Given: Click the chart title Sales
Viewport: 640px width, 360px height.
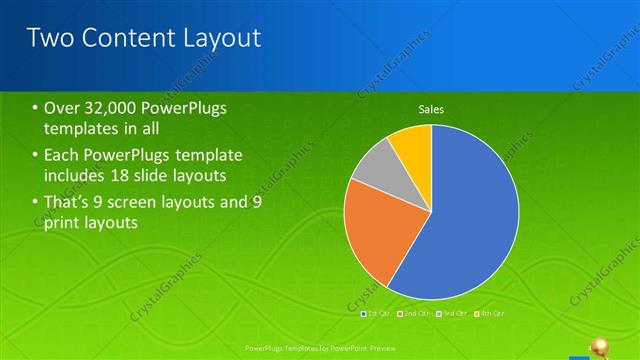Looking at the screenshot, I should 431,109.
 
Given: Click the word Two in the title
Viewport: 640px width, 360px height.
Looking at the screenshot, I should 49,38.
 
